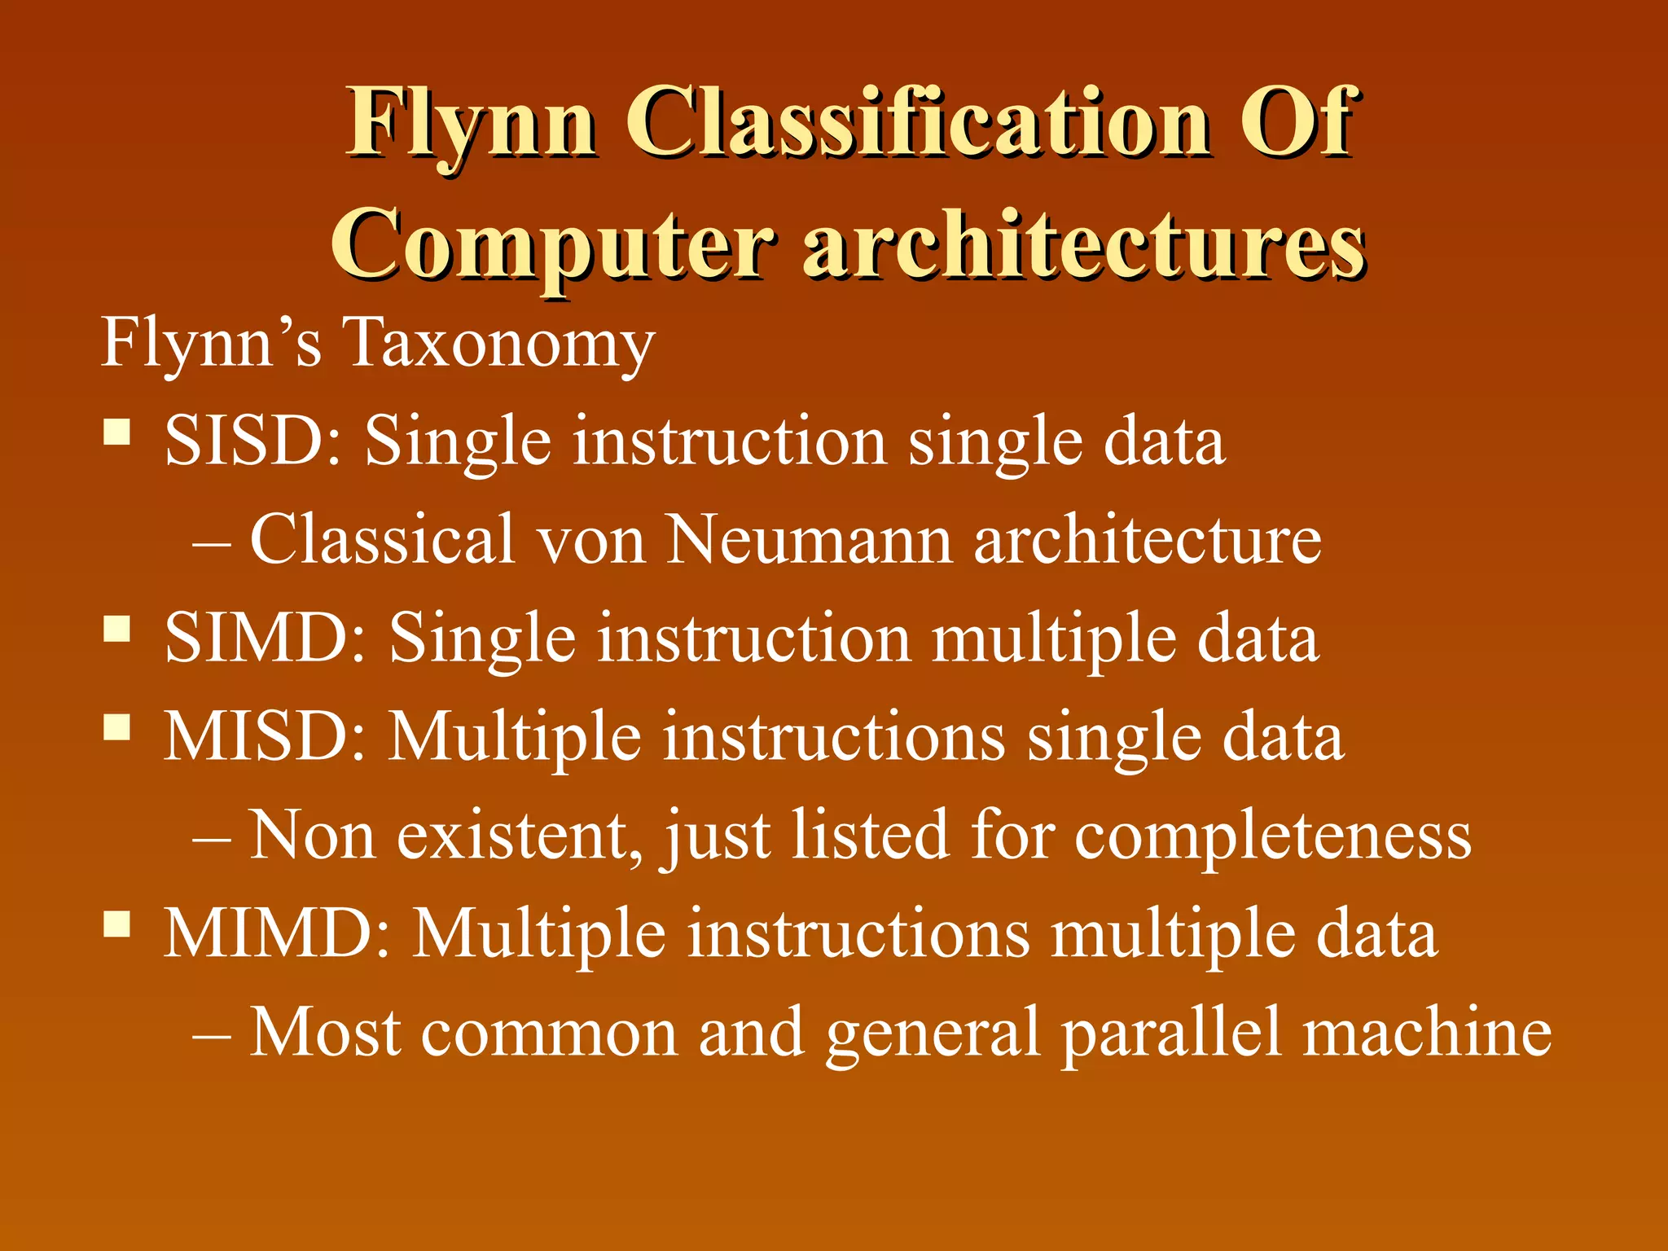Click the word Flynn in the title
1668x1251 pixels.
(x=472, y=125)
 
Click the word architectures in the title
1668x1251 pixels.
(x=1084, y=244)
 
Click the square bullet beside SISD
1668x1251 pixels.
(x=117, y=431)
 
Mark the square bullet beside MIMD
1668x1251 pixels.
(x=117, y=924)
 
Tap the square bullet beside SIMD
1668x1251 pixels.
(x=117, y=628)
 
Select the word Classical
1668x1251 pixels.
(x=383, y=538)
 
